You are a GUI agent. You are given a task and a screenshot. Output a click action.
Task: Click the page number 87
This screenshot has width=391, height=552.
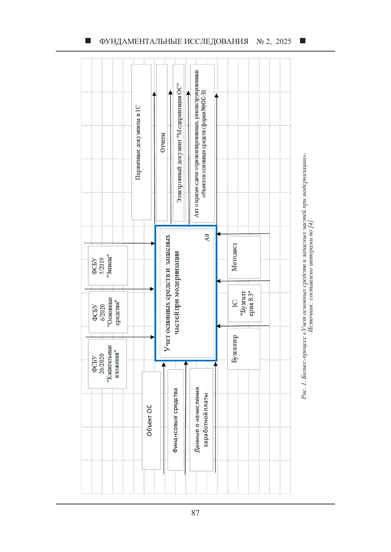pyautogui.click(x=195, y=513)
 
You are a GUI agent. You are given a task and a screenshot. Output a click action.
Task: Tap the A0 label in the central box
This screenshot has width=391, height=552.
pyautogui.click(x=207, y=237)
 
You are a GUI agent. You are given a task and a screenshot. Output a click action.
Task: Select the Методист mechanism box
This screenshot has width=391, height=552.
pyautogui.click(x=244, y=257)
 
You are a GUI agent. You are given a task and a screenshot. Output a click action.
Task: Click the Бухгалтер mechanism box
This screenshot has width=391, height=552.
pyautogui.click(x=244, y=349)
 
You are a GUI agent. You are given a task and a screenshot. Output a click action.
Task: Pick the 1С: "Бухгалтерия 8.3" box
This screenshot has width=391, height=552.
pyautogui.click(x=244, y=303)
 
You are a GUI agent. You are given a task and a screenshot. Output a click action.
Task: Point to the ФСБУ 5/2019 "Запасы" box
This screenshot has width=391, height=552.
pyautogui.click(x=108, y=266)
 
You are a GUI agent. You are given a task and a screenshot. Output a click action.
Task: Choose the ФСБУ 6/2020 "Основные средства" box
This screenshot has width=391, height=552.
pyautogui.click(x=108, y=312)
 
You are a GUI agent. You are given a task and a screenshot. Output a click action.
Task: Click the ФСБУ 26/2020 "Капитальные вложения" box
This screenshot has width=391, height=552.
pyautogui.click(x=108, y=364)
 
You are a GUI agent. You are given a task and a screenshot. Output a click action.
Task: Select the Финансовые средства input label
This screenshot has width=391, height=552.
pyautogui.click(x=175, y=420)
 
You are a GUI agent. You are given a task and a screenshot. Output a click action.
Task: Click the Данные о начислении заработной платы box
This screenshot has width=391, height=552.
pyautogui.click(x=201, y=419)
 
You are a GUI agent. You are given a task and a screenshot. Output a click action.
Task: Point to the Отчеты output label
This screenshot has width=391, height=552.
pyautogui.click(x=162, y=142)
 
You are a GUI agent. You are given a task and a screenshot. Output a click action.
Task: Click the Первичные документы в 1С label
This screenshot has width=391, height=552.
pyautogui.click(x=138, y=142)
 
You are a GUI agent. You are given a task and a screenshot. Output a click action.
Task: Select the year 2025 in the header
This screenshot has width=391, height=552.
pyautogui.click(x=283, y=41)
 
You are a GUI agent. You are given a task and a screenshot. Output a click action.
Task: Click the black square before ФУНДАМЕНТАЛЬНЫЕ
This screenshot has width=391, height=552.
pyautogui.click(x=88, y=41)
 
